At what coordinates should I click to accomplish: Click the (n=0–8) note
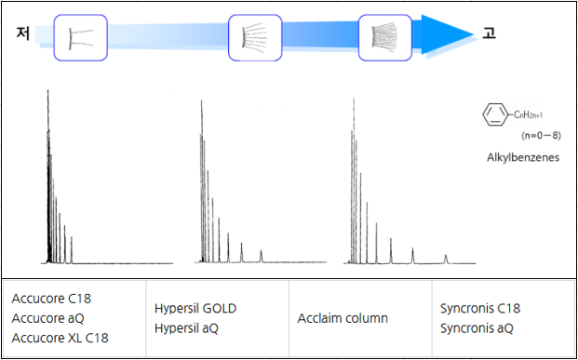(540, 136)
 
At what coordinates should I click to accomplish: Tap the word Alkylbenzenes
(522, 157)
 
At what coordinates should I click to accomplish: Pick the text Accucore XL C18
(60, 338)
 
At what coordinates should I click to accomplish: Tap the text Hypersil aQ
(187, 327)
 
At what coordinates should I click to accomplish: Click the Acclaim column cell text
(343, 318)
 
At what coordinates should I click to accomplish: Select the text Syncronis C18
(480, 308)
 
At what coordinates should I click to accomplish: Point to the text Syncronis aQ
(477, 327)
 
